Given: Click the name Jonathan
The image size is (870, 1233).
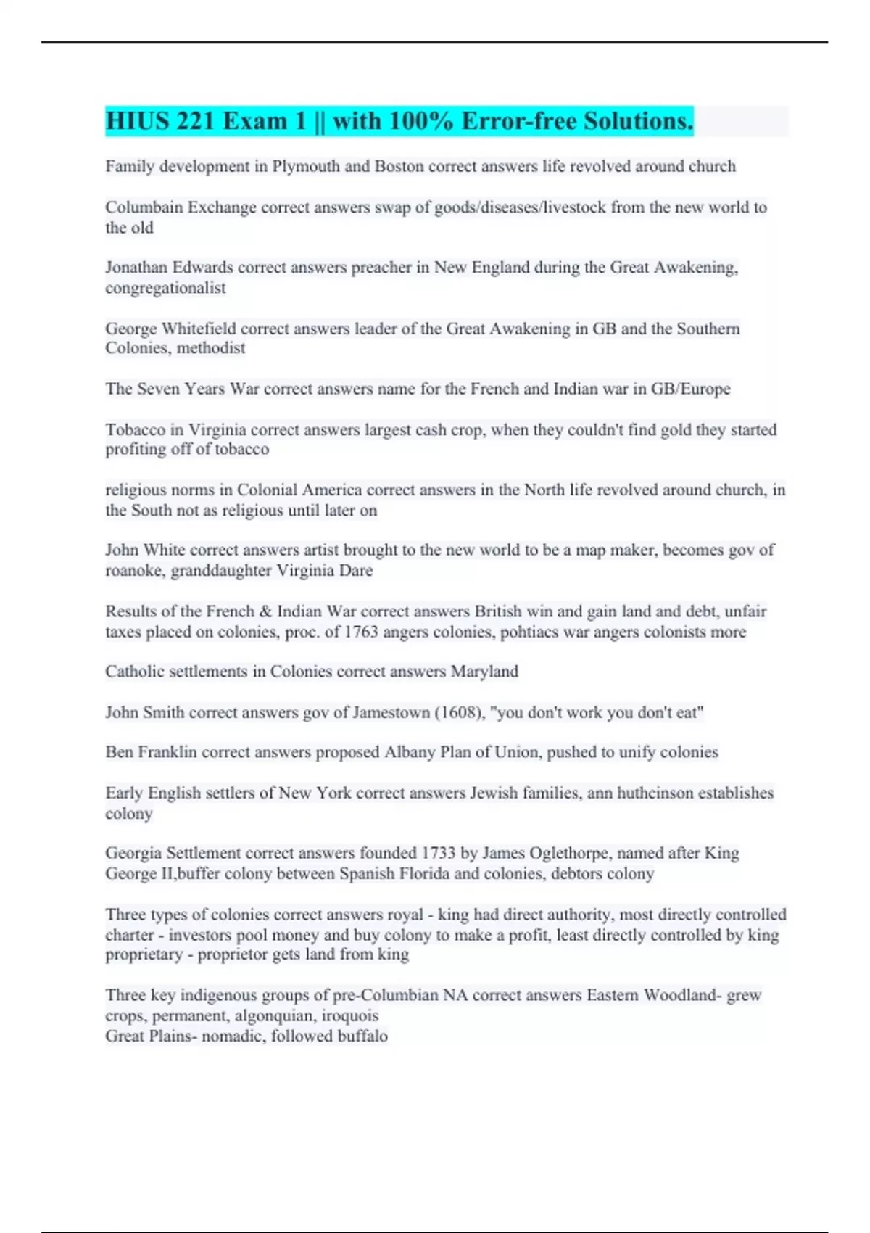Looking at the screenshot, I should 136,268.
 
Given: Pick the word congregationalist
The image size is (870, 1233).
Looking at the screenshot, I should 165,288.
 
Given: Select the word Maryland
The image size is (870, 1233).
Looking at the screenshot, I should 484,672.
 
